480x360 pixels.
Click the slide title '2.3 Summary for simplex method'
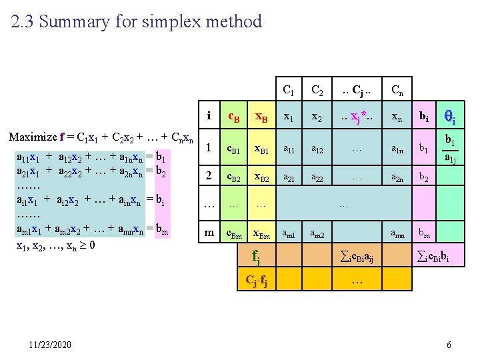tap(137, 22)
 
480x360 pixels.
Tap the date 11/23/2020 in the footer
tap(49, 345)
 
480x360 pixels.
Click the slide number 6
tap(449, 345)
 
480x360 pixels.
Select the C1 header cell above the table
tap(289, 89)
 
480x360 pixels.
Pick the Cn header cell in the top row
tap(396, 89)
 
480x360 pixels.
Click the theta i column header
tap(449, 118)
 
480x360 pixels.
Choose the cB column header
tap(234, 117)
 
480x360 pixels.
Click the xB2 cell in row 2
tap(261, 178)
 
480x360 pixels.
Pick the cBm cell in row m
tap(234, 233)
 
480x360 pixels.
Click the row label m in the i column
tap(209, 233)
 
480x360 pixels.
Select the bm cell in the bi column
tap(423, 233)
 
